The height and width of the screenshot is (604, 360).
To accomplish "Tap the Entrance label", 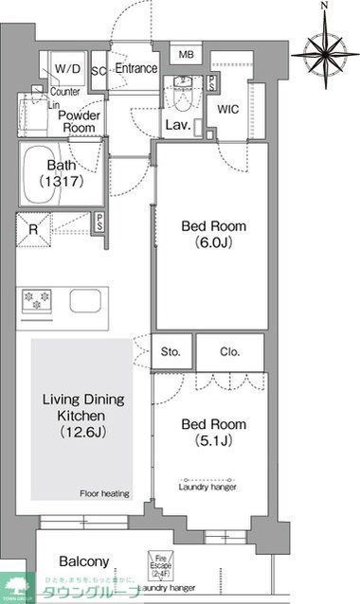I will pyautogui.click(x=136, y=69).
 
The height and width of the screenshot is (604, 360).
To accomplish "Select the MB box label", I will pyautogui.click(x=185, y=53).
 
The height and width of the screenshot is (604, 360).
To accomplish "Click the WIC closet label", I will pyautogui.click(x=227, y=110).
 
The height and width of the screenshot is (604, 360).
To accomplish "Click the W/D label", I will pyautogui.click(x=67, y=69).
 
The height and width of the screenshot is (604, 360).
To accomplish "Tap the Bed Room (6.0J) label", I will pyautogui.click(x=213, y=234).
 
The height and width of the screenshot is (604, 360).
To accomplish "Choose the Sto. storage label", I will pyautogui.click(x=171, y=351).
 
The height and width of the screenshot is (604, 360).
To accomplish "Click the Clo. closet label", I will pyautogui.click(x=230, y=351).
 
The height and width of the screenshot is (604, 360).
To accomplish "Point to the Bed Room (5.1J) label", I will pyautogui.click(x=213, y=433).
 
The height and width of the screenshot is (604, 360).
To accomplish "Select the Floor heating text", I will pyautogui.click(x=103, y=493).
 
